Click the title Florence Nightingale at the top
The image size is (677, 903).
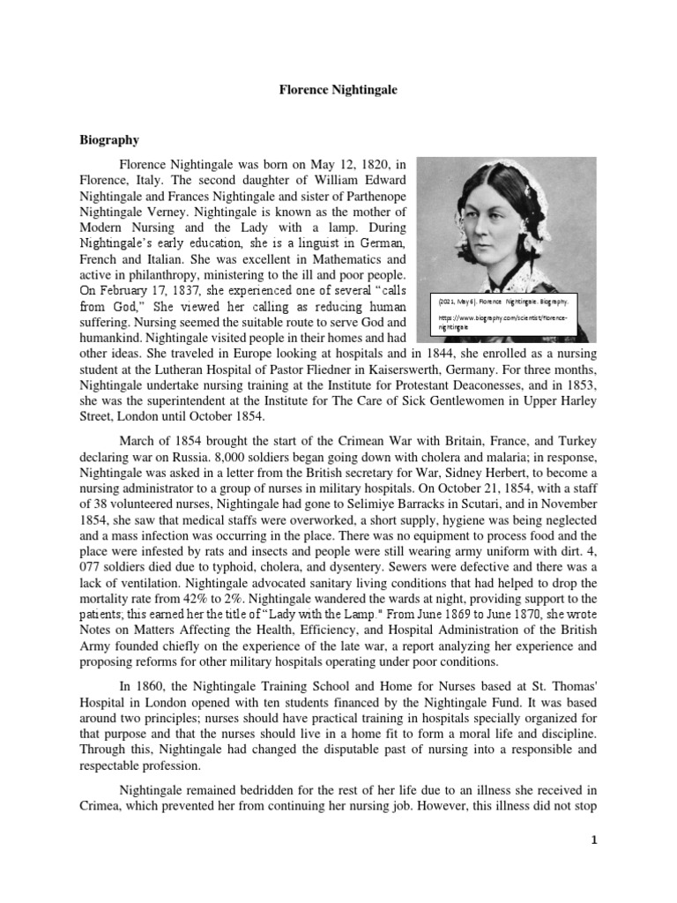click(338, 89)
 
